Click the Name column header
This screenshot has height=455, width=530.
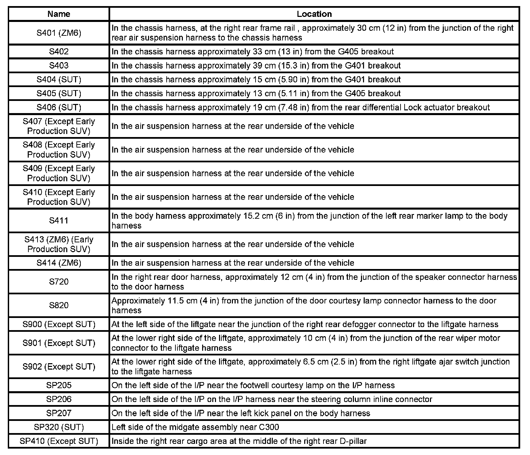(x=59, y=14)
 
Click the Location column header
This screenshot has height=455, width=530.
(x=314, y=14)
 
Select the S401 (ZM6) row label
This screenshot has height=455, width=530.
(x=59, y=33)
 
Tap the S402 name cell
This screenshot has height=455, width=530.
(x=59, y=51)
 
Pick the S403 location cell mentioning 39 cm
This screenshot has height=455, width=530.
(x=256, y=65)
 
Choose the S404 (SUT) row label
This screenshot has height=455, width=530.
(x=59, y=79)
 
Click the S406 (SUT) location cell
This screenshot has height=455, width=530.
(x=300, y=107)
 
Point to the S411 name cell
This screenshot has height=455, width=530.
(x=59, y=220)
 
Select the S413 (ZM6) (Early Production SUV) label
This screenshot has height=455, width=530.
(x=59, y=244)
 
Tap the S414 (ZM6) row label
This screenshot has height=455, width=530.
(x=59, y=263)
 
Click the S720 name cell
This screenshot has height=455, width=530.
(x=59, y=282)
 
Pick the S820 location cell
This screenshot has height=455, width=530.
(x=304, y=305)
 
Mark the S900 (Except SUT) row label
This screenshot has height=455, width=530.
(x=59, y=324)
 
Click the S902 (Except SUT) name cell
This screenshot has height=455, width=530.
(x=59, y=367)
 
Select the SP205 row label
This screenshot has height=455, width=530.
(x=59, y=385)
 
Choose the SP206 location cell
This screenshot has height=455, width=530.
(x=271, y=399)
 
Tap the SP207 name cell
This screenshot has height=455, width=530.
(x=59, y=413)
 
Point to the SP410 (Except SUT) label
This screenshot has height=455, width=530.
(x=59, y=441)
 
